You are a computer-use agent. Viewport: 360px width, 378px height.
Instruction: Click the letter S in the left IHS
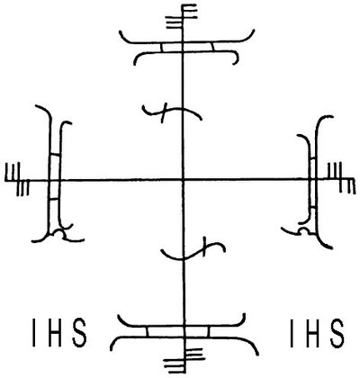(x=79, y=333)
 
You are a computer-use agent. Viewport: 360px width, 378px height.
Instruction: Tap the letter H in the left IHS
(x=56, y=333)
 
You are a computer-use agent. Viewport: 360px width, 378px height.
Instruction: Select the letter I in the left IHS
(x=34, y=333)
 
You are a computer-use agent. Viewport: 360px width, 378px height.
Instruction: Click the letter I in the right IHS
(x=292, y=333)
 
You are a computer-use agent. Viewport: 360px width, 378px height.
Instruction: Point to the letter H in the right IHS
(x=313, y=333)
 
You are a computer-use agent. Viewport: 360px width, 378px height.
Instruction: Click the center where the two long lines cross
(x=183, y=180)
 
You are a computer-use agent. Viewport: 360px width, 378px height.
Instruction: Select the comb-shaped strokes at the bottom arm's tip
(x=184, y=360)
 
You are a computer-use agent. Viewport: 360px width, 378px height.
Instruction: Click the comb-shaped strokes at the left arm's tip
(x=17, y=179)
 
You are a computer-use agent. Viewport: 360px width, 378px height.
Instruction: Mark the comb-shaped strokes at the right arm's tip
(x=341, y=178)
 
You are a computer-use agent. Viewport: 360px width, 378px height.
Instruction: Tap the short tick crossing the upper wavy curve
(x=164, y=112)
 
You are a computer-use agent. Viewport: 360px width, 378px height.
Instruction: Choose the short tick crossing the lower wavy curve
(x=205, y=247)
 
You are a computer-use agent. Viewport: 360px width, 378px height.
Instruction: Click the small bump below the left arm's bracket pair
(x=59, y=234)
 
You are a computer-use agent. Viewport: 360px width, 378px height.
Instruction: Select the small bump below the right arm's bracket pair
(x=304, y=231)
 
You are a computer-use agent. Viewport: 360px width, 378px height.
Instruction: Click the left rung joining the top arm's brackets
(x=162, y=47)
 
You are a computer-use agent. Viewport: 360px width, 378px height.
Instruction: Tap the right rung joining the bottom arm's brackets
(x=209, y=331)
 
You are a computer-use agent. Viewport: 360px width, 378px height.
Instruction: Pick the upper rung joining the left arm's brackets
(x=55, y=155)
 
